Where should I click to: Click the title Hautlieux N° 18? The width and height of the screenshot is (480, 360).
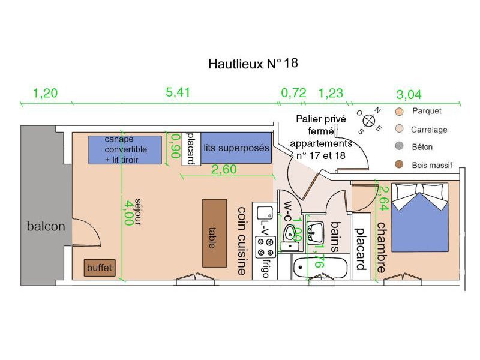point(251,63)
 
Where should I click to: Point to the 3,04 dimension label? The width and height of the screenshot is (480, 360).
point(409,94)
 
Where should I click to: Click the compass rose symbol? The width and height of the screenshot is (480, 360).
point(370,119)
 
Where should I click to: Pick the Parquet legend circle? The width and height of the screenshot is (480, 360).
point(399,112)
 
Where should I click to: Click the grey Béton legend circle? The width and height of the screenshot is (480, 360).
point(399,147)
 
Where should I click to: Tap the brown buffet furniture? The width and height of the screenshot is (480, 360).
point(100,268)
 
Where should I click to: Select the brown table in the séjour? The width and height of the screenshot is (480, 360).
point(215,233)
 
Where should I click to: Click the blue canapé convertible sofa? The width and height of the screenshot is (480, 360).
point(125,149)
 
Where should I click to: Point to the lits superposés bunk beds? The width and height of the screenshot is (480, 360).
point(235,148)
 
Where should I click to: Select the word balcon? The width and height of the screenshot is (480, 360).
point(46,227)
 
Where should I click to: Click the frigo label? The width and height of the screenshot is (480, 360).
point(265,265)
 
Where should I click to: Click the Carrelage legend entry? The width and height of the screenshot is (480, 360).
point(428,130)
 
